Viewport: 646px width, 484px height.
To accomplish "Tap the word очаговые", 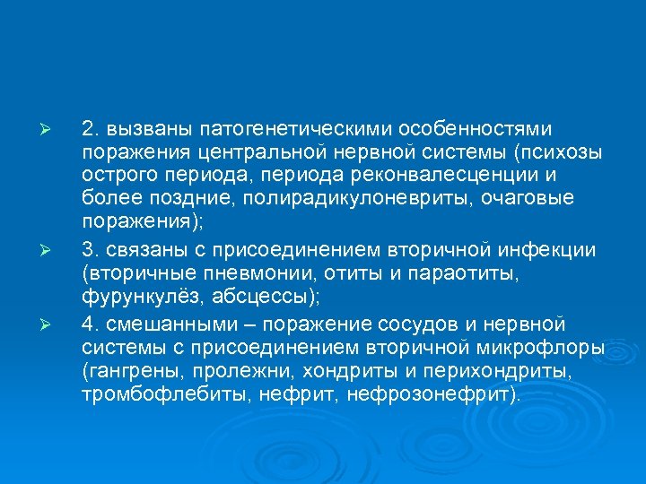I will [533, 196].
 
